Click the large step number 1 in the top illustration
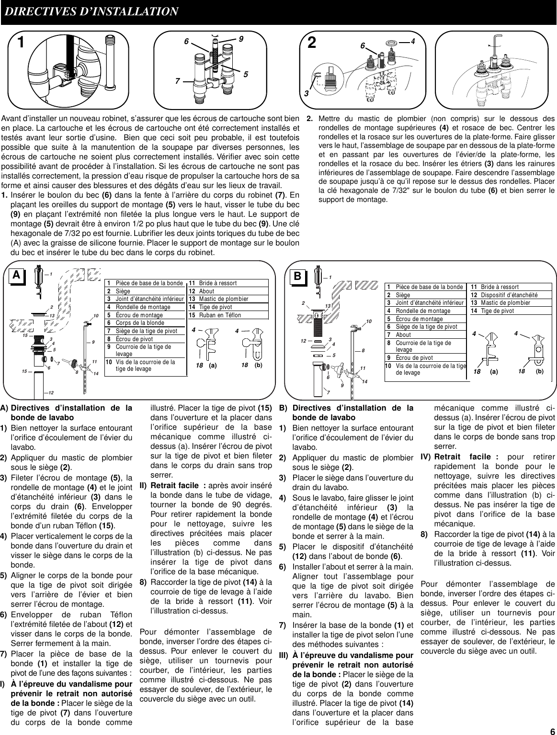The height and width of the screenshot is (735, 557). click(21, 44)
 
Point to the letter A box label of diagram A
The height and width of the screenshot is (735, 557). click(17, 275)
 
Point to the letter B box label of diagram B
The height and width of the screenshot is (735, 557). click(297, 277)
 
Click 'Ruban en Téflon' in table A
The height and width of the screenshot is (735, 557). click(220, 315)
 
